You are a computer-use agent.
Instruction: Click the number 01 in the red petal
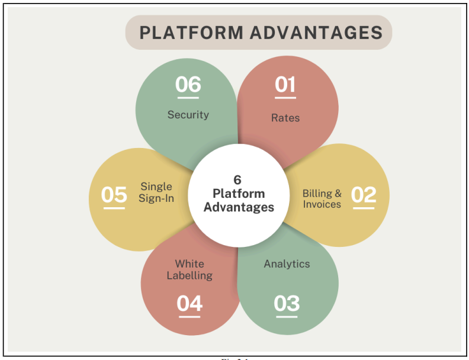pyautogui.click(x=285, y=85)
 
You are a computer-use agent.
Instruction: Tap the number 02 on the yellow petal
pyautogui.click(x=364, y=194)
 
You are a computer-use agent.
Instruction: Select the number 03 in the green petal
pyautogui.click(x=287, y=303)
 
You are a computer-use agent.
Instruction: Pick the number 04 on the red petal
pyautogui.click(x=189, y=303)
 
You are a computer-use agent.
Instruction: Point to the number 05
pyautogui.click(x=114, y=194)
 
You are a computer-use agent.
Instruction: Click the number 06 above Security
pyautogui.click(x=188, y=85)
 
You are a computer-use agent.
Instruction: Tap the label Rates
pyautogui.click(x=285, y=118)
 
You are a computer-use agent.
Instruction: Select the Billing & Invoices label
pyautogui.click(x=322, y=198)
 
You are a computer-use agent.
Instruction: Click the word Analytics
pyautogui.click(x=287, y=263)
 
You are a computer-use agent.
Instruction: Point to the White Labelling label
pyautogui.click(x=189, y=269)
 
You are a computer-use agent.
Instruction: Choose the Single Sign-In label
pyautogui.click(x=156, y=192)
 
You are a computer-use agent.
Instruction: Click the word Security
pyautogui.click(x=188, y=115)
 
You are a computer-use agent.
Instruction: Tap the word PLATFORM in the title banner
pyautogui.click(x=191, y=32)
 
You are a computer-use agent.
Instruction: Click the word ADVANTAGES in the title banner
pyautogui.click(x=316, y=32)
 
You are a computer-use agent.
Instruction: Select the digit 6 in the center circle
pyautogui.click(x=237, y=180)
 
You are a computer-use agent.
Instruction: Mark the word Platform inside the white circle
pyautogui.click(x=239, y=194)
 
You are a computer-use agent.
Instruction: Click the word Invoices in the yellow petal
pyautogui.click(x=322, y=204)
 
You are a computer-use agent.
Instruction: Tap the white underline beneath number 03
pyautogui.click(x=286, y=317)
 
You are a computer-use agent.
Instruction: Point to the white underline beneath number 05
pyautogui.click(x=114, y=208)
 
